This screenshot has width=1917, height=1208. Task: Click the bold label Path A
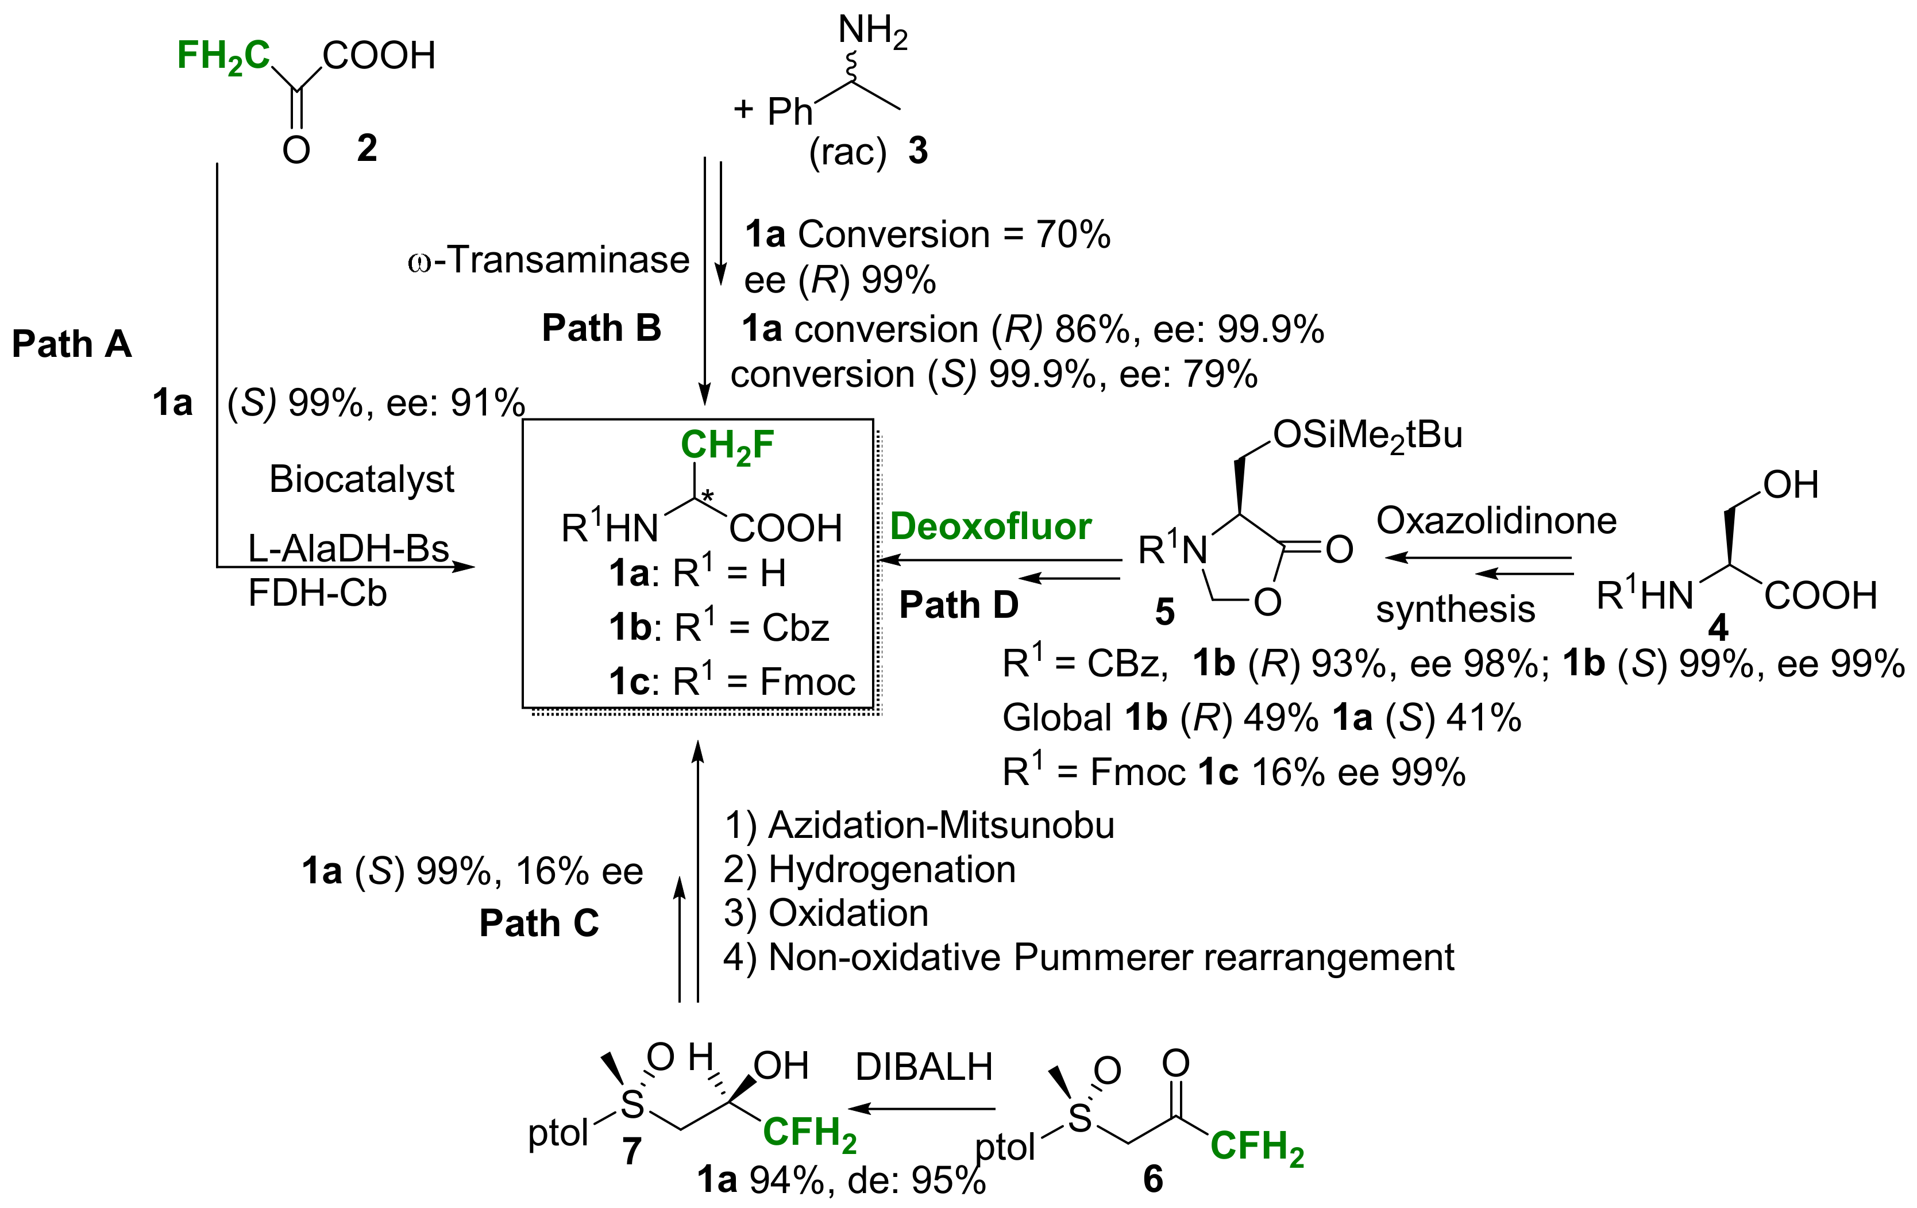coord(72,345)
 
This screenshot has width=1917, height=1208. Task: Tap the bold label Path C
coord(539,924)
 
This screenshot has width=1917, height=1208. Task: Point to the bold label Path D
coord(958,605)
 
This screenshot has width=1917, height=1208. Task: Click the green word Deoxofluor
coord(990,526)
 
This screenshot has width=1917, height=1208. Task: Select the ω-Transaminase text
coord(549,260)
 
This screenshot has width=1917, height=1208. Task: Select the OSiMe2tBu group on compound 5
coord(1367,436)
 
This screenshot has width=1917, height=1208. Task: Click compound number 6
coord(1153,1179)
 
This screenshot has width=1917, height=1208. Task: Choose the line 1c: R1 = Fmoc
coord(732,682)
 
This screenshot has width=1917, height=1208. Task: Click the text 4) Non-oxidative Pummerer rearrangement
coord(1088,957)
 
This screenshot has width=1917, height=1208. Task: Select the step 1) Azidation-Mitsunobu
coord(919,825)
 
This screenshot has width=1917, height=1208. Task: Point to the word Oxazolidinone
coord(1496,521)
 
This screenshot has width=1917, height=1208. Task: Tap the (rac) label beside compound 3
coord(847,151)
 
